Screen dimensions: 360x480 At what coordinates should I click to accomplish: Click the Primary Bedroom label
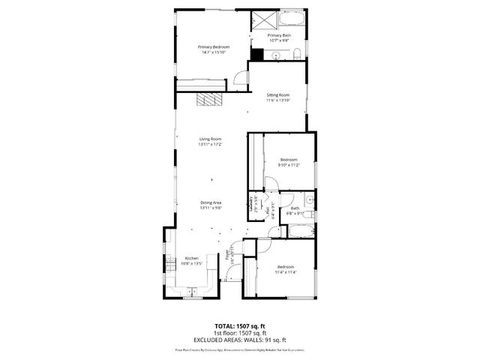coord(214,46)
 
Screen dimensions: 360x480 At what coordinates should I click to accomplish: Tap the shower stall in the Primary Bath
coord(262,21)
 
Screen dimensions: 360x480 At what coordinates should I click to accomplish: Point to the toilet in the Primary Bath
coord(297,52)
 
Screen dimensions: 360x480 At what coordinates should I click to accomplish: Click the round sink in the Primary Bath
coord(275,55)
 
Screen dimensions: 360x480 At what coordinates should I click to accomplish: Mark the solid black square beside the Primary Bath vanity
coord(256,54)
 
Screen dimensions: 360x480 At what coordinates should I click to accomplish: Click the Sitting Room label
coord(278,95)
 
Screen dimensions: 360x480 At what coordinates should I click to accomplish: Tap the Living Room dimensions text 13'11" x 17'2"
coord(211,145)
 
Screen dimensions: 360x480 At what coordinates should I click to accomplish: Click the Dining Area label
coord(211,202)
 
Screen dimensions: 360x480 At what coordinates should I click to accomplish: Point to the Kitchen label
coord(192,258)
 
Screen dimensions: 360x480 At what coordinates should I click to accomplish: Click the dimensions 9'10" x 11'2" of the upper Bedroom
coord(289,165)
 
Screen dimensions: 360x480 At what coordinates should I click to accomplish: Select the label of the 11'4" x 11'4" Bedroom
coord(286,267)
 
